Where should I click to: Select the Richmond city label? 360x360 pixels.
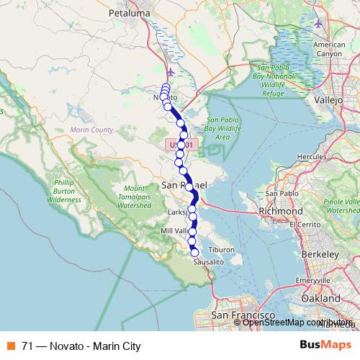coord(280,212)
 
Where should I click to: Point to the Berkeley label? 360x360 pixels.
coord(320,255)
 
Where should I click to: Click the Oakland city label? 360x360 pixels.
coord(320,297)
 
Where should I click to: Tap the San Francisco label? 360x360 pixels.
coord(242,316)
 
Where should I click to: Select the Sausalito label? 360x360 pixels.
coord(209,263)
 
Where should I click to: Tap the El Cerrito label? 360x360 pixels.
coord(304,224)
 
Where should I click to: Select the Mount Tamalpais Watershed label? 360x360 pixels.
coord(130,195)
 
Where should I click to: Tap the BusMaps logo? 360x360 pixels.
coord(326,346)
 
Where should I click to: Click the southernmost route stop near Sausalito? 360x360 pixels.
coord(194,252)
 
